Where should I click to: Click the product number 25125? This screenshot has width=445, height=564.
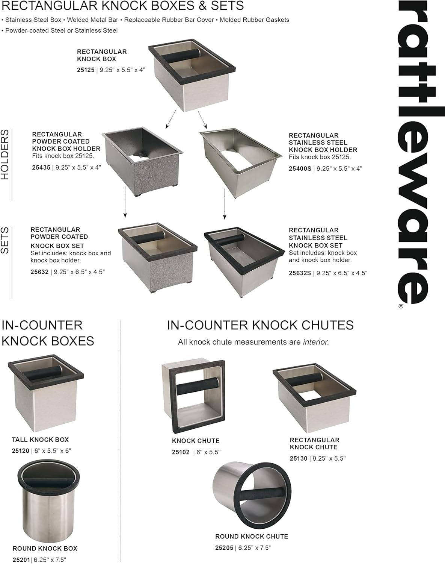pyautogui.click(x=86, y=70)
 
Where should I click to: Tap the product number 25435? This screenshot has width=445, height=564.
pyautogui.click(x=41, y=168)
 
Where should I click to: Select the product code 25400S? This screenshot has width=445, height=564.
pyautogui.click(x=300, y=169)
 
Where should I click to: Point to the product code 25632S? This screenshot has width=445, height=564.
pyautogui.click(x=300, y=273)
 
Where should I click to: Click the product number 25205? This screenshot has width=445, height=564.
pyautogui.click(x=224, y=548)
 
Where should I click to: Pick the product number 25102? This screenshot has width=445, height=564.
pyautogui.click(x=181, y=452)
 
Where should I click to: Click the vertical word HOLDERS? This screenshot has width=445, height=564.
pyautogui.click(x=5, y=155)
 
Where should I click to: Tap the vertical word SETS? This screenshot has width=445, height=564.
pyautogui.click(x=5, y=240)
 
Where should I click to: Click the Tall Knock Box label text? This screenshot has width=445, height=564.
pyautogui.click(x=40, y=440)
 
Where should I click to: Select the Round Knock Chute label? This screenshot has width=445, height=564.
pyautogui.click(x=252, y=537)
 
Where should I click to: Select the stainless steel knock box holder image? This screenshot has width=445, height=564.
pyautogui.click(x=240, y=162)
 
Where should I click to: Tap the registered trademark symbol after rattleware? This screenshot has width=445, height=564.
pyautogui.click(x=400, y=306)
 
